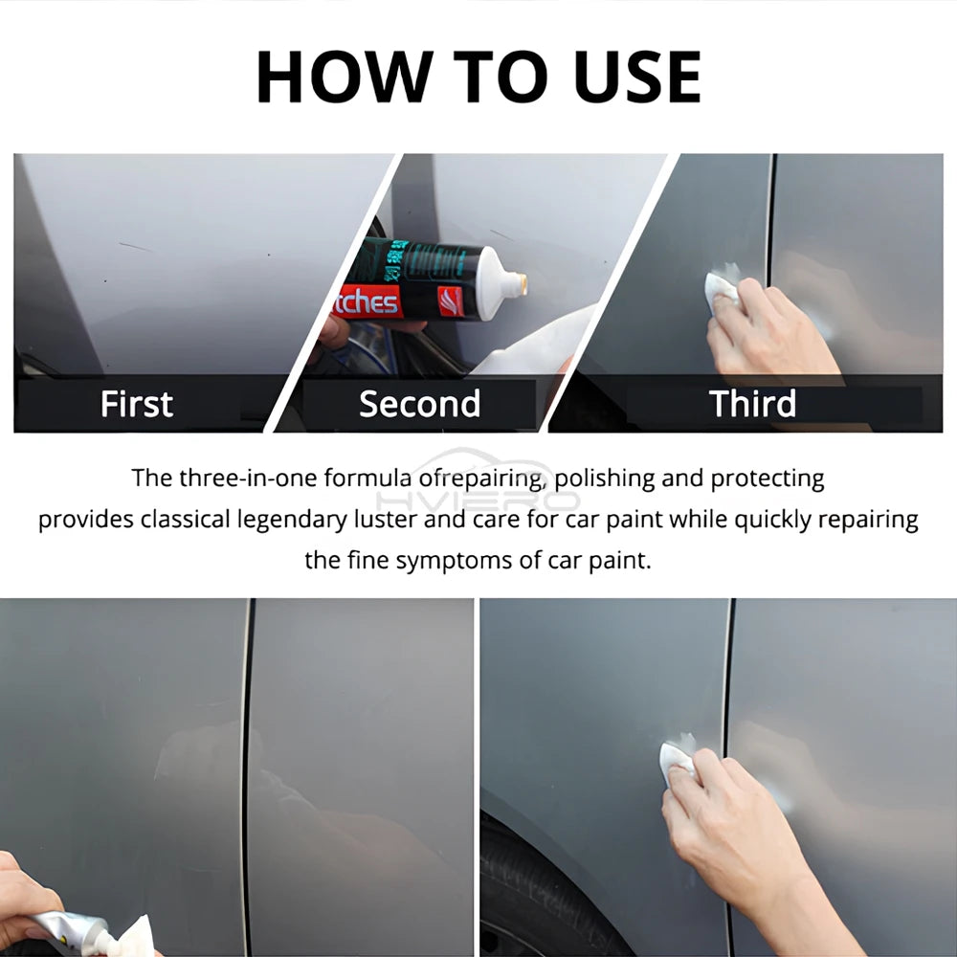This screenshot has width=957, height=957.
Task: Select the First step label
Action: click(137, 404)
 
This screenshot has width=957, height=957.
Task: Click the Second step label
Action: click(419, 404)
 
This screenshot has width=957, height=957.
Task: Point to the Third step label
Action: click(752, 404)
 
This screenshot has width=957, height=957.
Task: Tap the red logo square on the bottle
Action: click(451, 301)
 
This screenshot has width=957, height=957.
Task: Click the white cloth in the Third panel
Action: click(722, 286)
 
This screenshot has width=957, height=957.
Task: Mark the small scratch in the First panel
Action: click(135, 247)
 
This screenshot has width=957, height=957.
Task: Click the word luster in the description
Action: click(438, 520)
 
